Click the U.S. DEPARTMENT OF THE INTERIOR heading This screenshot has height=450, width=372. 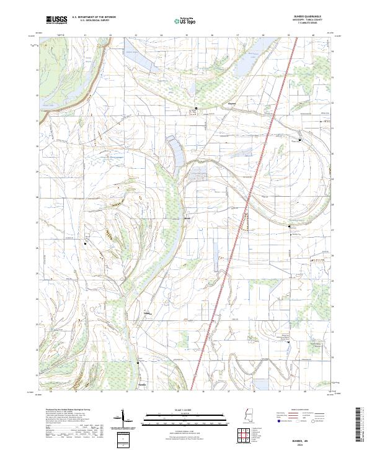click(x=93, y=17)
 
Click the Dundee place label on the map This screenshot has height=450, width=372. click(x=148, y=313)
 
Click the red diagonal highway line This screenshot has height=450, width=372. click(x=229, y=261)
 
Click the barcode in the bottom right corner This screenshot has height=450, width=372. click(x=360, y=425)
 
